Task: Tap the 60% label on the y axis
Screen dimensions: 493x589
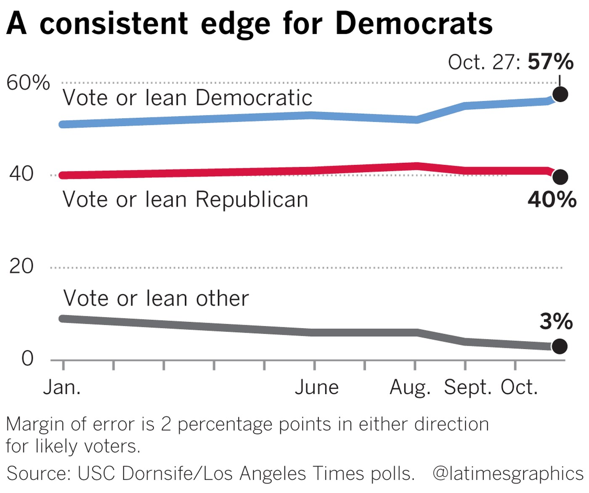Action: coord(28,82)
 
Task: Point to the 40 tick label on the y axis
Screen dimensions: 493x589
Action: coord(21,174)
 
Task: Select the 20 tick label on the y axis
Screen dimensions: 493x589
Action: coord(21,266)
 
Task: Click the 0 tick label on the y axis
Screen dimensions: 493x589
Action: coord(27,359)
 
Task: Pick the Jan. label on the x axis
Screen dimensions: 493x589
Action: coord(62,387)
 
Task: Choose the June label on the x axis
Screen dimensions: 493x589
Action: coord(316,387)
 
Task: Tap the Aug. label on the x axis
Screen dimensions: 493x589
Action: coord(410,387)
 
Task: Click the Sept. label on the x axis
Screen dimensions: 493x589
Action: coord(467,387)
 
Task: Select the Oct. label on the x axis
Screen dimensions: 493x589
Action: coord(519,387)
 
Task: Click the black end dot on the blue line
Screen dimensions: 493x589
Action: coord(560,94)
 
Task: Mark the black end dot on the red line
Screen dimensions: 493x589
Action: coord(560,177)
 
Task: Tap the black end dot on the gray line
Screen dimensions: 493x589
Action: coord(560,347)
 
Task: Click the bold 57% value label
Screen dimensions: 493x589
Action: coord(550,62)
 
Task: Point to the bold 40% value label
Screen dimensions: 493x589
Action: coord(552,199)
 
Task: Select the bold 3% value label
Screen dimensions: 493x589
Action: coord(556,322)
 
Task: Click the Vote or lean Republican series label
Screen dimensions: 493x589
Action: coord(186,199)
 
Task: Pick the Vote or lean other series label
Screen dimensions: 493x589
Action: coord(156,298)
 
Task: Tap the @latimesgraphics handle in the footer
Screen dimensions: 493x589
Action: coord(507,474)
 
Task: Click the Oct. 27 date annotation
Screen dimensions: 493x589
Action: coord(484,62)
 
